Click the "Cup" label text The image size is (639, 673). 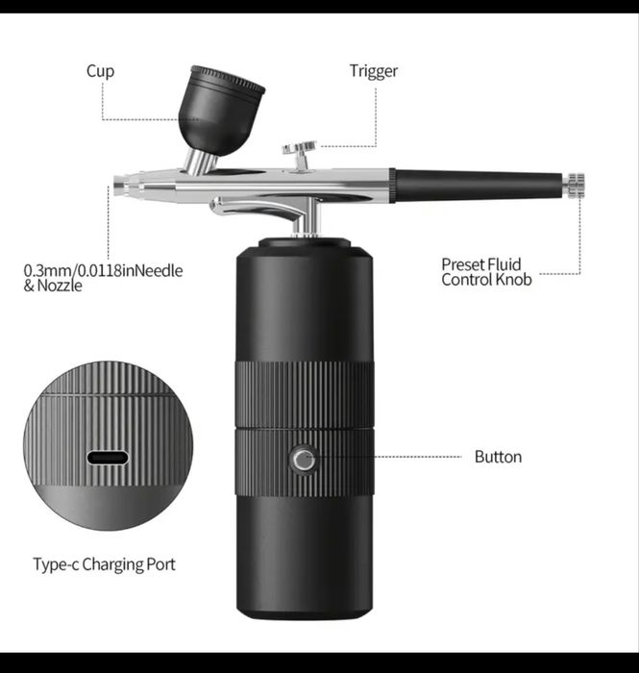[100, 71]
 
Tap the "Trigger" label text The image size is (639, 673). [374, 71]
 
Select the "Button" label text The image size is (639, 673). [498, 457]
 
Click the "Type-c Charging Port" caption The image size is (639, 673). [104, 564]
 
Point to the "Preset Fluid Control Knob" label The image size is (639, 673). [486, 272]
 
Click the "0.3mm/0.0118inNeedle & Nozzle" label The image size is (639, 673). [103, 278]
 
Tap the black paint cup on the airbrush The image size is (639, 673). [221, 110]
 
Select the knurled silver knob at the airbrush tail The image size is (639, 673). [575, 186]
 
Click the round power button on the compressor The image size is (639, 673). [304, 460]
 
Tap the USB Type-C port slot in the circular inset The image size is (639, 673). [108, 458]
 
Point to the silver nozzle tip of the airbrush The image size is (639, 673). [119, 187]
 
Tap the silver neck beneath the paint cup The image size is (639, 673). [200, 162]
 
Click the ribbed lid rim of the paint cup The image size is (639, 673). [228, 79]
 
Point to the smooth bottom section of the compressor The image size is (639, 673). [304, 557]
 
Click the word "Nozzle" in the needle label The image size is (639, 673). [60, 286]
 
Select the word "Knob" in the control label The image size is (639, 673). [514, 280]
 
